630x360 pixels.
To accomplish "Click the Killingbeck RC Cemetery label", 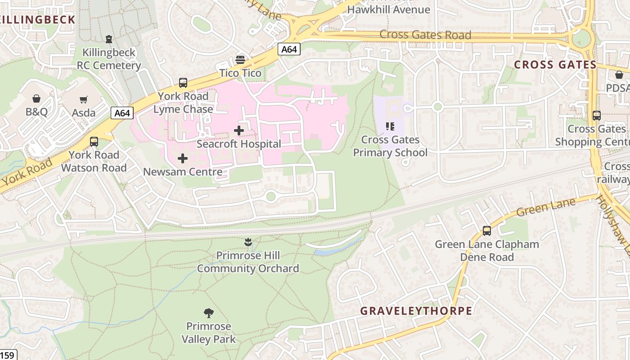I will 109,59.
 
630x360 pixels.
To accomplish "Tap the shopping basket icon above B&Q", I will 36,98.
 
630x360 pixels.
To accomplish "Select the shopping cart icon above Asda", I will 84,99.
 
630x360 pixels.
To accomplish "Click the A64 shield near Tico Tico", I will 288,49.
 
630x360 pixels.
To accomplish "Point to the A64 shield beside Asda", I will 122,113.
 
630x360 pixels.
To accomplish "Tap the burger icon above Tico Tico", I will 240,60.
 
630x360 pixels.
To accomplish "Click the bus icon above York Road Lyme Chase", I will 183,83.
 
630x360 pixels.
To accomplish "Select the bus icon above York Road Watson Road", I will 94,141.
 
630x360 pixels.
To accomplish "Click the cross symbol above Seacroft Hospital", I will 239,130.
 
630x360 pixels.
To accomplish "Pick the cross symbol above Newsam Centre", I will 183,158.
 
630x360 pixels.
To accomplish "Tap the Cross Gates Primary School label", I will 390,146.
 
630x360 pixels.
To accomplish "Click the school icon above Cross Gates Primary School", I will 390,126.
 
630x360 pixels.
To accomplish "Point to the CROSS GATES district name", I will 555,65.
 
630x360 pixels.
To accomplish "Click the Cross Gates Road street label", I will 425,35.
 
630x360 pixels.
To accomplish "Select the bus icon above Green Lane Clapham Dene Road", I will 486,231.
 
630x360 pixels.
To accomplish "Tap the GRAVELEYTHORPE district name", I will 416,311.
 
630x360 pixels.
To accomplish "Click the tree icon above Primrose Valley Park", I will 208,313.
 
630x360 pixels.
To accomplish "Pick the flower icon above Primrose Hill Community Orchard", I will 247,243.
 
